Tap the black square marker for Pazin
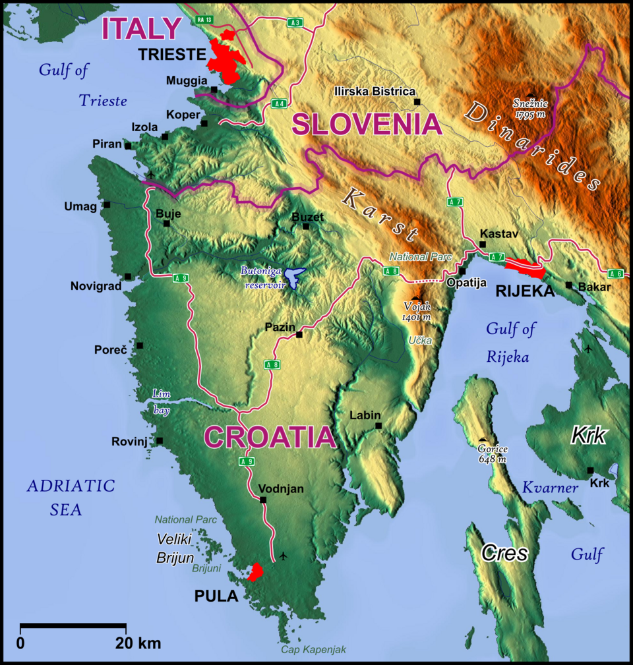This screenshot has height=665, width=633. [x=299, y=335]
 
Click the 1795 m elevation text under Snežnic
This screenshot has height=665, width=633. [x=531, y=115]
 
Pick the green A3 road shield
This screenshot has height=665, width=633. [x=295, y=23]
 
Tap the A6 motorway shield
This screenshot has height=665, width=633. [x=617, y=274]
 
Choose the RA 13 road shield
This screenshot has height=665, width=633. [x=203, y=20]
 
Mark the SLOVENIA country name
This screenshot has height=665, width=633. [x=367, y=124]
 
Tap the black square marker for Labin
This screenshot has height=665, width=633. [x=378, y=426]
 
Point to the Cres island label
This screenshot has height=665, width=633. [x=504, y=553]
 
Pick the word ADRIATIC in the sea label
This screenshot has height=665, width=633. [x=71, y=486]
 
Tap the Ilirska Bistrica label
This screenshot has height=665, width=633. [x=374, y=92]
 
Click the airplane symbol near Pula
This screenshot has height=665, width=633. [x=284, y=556]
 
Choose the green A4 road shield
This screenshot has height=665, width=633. [x=278, y=103]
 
